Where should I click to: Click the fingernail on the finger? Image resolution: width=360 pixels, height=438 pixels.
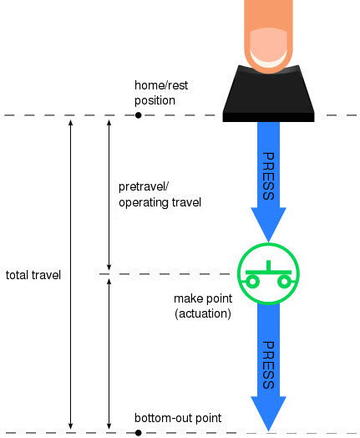pyautogui.click(x=268, y=47)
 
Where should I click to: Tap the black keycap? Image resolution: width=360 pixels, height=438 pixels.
pyautogui.click(x=268, y=95)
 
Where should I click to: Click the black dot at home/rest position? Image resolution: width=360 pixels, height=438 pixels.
pyautogui.click(x=138, y=115)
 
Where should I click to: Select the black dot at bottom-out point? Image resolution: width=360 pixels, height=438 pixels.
pyautogui.click(x=138, y=433)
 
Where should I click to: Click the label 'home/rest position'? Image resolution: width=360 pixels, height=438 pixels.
pyautogui.click(x=161, y=93)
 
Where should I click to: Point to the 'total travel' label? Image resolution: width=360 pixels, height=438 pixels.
pyautogui.click(x=33, y=275)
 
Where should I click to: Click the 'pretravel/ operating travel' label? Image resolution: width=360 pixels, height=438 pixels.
pyautogui.click(x=160, y=195)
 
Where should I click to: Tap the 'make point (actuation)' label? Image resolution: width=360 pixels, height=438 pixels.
pyautogui.click(x=203, y=306)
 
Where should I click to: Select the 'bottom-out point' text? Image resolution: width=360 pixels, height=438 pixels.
pyautogui.click(x=178, y=418)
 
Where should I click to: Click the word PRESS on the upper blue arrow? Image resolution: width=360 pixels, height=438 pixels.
pyautogui.click(x=268, y=176)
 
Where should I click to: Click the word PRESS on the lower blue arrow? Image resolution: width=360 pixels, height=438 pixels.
pyautogui.click(x=268, y=364)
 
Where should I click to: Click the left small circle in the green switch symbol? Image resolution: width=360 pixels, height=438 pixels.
pyautogui.click(x=252, y=282)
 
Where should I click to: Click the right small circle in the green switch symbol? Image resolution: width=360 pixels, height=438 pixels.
pyautogui.click(x=285, y=282)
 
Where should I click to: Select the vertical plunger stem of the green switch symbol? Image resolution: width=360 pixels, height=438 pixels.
pyautogui.click(x=268, y=266)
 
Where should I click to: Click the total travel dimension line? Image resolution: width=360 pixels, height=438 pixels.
pyautogui.click(x=71, y=274)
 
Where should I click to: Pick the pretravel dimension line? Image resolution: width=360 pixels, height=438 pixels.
pyautogui.click(x=109, y=195)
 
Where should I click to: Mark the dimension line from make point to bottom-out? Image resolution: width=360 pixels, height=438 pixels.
pyautogui.click(x=109, y=354)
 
